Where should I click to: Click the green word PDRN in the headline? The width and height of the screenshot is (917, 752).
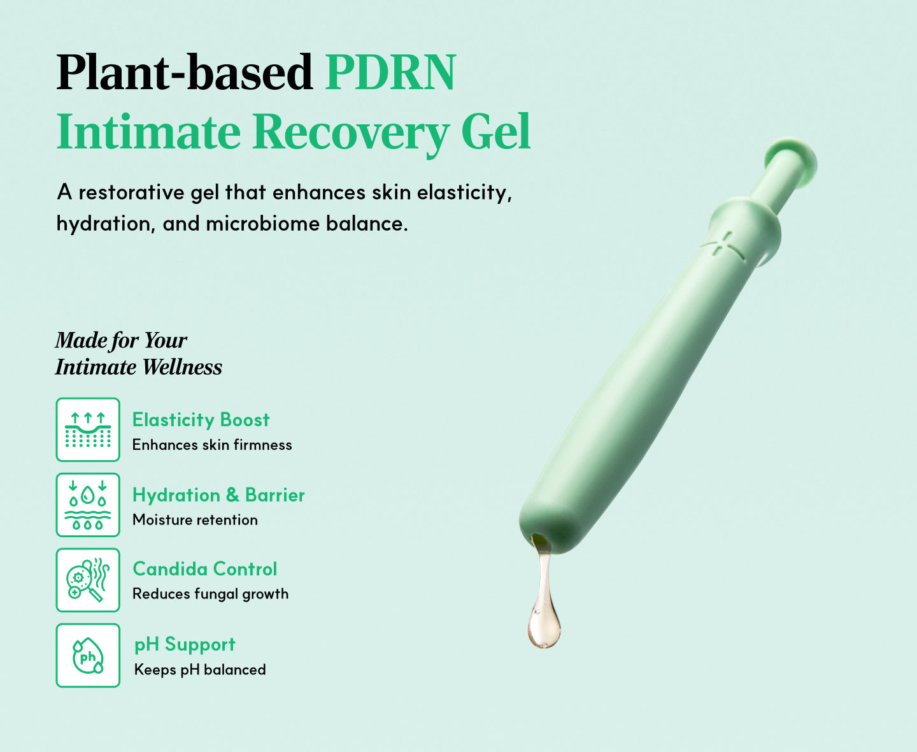tap(390, 72)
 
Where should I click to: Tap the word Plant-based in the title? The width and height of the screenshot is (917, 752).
tap(185, 72)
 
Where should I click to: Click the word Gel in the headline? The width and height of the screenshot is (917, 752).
tap(495, 131)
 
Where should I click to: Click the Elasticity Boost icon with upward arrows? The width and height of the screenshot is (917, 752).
tap(88, 430)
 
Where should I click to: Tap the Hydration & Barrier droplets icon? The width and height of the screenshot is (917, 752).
tap(88, 505)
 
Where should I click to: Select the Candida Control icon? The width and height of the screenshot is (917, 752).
tap(88, 580)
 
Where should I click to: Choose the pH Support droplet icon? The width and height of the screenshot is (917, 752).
tap(88, 655)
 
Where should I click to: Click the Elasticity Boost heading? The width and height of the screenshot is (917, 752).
tap(201, 420)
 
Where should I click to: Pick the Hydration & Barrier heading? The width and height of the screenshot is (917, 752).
tap(218, 495)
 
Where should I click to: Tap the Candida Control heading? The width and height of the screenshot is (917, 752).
tap(205, 569)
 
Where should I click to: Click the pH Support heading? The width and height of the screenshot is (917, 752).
tap(185, 645)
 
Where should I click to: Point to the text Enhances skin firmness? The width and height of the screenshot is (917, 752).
tap(212, 445)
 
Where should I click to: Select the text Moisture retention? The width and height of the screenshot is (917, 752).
tap(195, 520)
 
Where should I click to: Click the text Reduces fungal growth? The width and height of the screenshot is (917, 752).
tap(210, 595)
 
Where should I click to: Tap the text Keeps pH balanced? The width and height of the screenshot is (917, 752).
tap(200, 670)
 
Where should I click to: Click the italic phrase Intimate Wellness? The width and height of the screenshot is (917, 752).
tap(139, 367)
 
